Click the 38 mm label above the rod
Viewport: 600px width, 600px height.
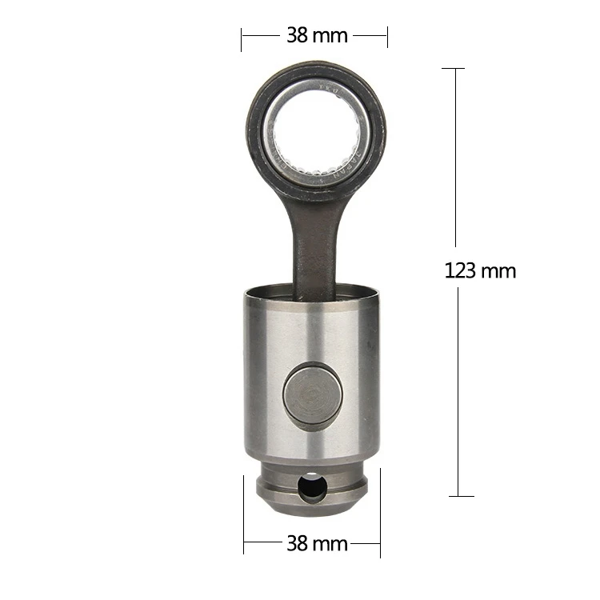point(317,35)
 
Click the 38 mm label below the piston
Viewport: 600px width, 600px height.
point(317,544)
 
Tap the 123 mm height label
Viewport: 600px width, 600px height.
point(480,270)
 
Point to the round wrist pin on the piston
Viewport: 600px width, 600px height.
point(309,394)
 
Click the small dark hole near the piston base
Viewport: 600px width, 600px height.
point(310,486)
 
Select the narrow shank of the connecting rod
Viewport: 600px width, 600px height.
point(315,240)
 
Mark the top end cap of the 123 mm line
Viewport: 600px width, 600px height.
point(453,69)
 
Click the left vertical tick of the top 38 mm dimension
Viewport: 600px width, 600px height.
point(242,37)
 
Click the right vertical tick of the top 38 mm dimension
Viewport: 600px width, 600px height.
point(387,37)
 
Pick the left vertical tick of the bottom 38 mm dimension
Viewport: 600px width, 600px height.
point(244,516)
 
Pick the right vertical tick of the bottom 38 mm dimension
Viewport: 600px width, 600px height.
point(380,512)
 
